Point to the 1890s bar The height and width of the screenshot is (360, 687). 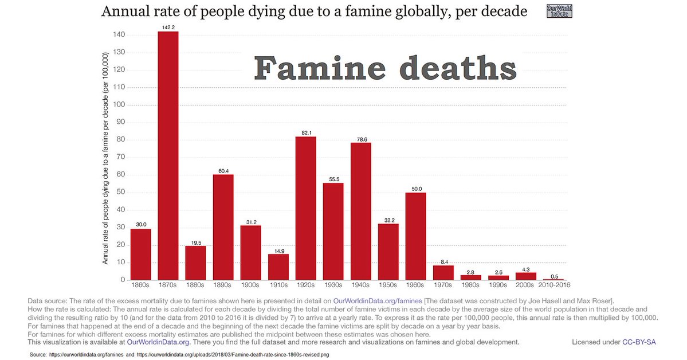click(x=223, y=227)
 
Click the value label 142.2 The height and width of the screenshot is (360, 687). click(x=168, y=26)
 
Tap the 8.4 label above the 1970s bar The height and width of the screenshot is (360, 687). click(x=443, y=261)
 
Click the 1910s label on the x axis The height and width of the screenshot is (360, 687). click(x=278, y=285)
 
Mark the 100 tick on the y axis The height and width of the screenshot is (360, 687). click(x=118, y=105)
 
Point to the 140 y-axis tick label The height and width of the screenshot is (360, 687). click(x=118, y=35)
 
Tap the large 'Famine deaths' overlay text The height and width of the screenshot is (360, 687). click(x=385, y=69)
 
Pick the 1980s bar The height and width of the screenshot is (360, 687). click(x=470, y=277)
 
